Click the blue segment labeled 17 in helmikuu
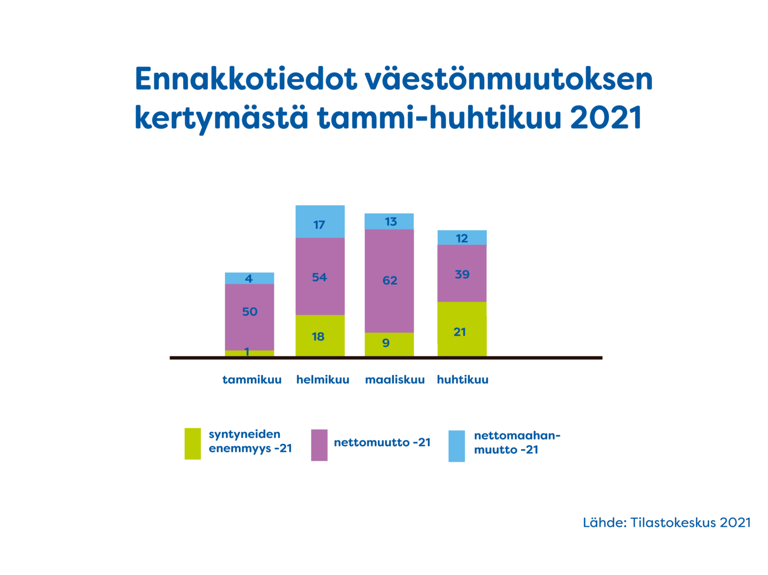(x=320, y=221)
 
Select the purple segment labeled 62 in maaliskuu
(x=389, y=281)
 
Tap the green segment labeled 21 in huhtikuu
(x=462, y=329)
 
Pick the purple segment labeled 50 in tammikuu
(x=250, y=317)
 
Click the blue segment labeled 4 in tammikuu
(x=250, y=278)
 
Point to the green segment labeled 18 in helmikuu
(x=320, y=336)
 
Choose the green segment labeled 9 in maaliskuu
(x=389, y=344)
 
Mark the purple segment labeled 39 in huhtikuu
(x=462, y=274)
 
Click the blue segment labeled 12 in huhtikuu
(x=462, y=238)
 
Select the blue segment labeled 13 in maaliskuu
(x=389, y=221)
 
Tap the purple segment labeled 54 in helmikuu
(x=320, y=277)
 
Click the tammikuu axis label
(x=252, y=380)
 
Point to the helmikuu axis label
(x=322, y=380)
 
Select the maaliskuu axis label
(x=395, y=380)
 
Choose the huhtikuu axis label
(x=463, y=380)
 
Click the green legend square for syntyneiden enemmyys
(x=193, y=444)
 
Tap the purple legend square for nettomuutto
(x=319, y=445)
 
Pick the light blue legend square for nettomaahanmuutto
(x=456, y=446)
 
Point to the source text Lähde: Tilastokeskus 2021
(x=667, y=522)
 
